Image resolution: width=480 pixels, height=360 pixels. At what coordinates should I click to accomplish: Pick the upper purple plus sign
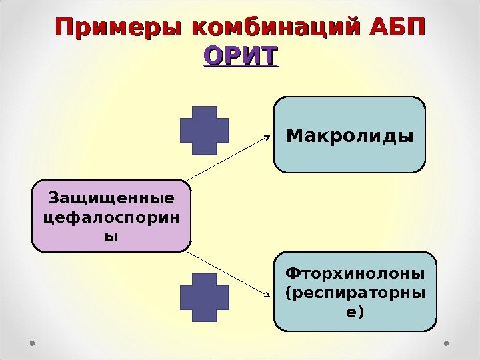204,131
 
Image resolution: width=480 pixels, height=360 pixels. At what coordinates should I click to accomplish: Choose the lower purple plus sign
204,297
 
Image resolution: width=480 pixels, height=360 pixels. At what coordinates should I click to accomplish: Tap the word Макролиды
349,135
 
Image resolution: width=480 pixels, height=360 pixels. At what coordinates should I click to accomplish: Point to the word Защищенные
111,199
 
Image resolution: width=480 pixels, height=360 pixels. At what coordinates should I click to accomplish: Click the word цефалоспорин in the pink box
111,217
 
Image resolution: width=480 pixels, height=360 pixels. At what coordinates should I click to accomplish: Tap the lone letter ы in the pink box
111,235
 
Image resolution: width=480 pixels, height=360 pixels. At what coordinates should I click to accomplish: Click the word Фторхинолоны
355,273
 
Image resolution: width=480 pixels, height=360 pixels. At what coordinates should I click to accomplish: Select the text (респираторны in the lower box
355,292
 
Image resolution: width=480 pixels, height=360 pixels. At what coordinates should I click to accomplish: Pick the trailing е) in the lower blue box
355,311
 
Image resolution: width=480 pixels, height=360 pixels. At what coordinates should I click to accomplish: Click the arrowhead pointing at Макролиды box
267,137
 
